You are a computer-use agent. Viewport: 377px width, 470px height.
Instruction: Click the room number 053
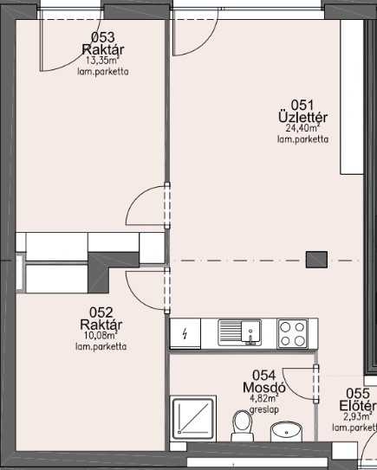(x=102, y=37)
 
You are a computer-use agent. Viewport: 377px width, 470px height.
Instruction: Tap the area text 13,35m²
(x=102, y=61)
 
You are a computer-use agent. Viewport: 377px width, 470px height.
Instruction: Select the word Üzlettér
(x=302, y=117)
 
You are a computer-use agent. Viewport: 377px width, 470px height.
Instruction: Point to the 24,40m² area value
(x=302, y=128)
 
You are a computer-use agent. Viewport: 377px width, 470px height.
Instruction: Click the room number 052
(x=101, y=312)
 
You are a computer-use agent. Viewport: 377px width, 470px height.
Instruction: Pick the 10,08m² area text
(x=101, y=335)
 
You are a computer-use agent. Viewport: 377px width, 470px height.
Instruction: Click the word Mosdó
(x=263, y=387)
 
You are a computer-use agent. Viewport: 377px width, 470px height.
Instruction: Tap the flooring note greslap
(x=264, y=409)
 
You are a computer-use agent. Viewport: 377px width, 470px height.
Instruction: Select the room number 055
(x=358, y=394)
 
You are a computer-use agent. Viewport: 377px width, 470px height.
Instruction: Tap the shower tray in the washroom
(x=193, y=418)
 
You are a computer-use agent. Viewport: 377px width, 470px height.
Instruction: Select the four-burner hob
(x=292, y=333)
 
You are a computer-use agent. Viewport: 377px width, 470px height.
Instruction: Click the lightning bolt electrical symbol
(x=185, y=333)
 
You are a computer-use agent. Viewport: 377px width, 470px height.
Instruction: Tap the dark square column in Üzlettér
(x=316, y=260)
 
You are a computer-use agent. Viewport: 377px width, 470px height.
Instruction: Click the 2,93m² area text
(x=356, y=416)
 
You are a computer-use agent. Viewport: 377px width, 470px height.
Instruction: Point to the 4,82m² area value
(x=264, y=398)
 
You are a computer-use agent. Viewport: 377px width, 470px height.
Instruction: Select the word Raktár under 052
(x=101, y=325)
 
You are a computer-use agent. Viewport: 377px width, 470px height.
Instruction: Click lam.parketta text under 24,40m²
(x=302, y=139)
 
